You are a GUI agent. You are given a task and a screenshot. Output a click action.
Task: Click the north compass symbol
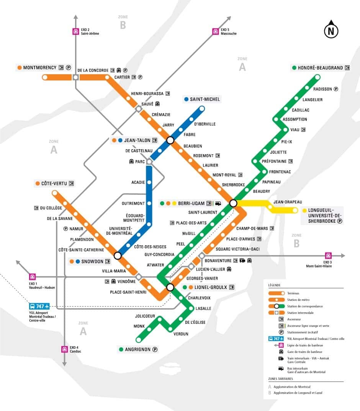point(331,30)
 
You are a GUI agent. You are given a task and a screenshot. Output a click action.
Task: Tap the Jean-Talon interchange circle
point(170,140)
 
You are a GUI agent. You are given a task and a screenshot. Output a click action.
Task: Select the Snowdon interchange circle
point(118,255)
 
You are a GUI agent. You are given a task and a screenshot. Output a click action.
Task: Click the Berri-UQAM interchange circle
point(233,203)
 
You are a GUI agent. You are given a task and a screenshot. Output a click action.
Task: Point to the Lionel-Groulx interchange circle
point(170,287)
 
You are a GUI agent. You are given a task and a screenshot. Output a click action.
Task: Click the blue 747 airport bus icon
point(39,307)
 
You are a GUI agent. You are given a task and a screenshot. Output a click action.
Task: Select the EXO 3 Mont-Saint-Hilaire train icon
point(328,256)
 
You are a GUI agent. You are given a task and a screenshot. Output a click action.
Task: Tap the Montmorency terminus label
point(39,68)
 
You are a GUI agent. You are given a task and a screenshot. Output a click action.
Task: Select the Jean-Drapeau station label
point(288,202)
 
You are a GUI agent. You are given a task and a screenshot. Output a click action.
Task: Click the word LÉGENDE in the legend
point(274,285)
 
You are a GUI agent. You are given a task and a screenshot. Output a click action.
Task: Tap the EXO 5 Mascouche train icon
point(216,31)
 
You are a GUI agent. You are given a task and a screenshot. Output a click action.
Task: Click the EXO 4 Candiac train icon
point(64,349)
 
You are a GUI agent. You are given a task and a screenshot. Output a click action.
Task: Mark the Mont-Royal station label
point(224,175)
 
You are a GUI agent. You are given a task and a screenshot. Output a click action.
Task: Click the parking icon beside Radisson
point(336,89)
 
